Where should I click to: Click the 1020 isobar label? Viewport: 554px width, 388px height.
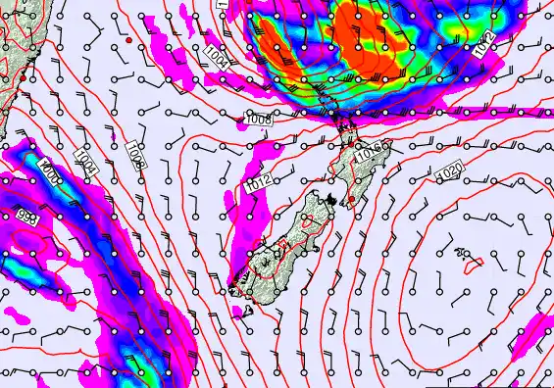[x=448, y=173]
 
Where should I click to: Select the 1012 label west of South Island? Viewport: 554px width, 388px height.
[x=258, y=182]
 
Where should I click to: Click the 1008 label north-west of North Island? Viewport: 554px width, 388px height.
[x=258, y=120]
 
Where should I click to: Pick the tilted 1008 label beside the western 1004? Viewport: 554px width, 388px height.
[x=135, y=155]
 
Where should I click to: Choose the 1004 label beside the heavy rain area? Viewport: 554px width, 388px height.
[x=218, y=57]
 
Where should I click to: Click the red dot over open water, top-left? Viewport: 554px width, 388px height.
[x=128, y=40]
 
